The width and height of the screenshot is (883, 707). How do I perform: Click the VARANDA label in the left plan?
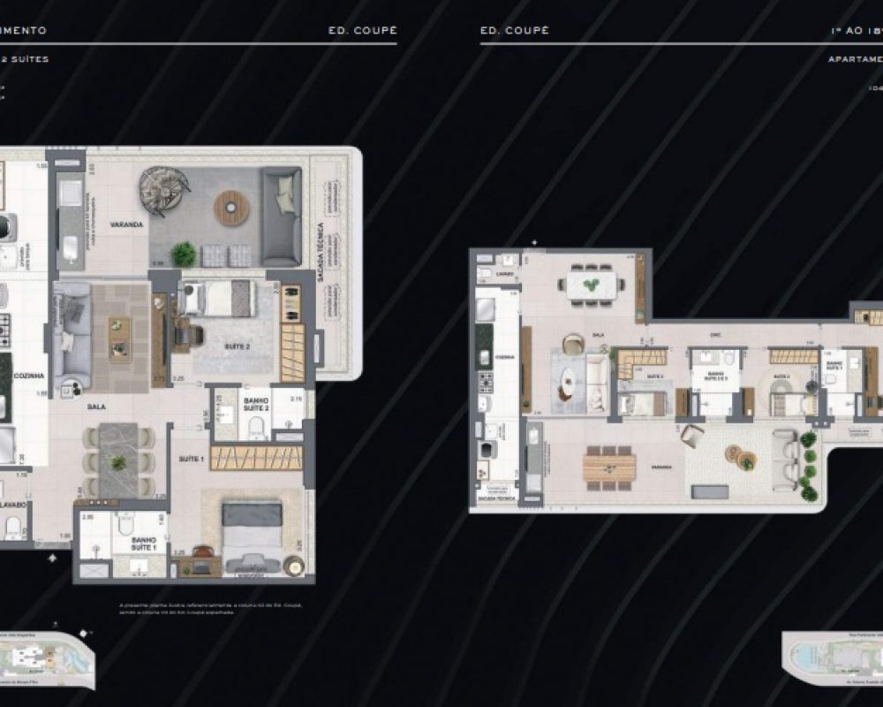(x=126, y=225)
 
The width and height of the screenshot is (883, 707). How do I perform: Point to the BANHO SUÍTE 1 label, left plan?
(x=144, y=543)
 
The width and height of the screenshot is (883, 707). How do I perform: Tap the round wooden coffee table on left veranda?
(x=232, y=207)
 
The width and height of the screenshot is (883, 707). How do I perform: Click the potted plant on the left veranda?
(x=183, y=255)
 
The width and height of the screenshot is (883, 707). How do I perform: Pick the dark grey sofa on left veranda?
(x=281, y=217)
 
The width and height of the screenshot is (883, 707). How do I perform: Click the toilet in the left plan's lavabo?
(x=13, y=528)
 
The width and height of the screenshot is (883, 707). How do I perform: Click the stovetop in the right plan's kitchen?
(x=486, y=383)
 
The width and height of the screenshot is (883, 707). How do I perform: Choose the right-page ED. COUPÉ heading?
(x=515, y=30)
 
